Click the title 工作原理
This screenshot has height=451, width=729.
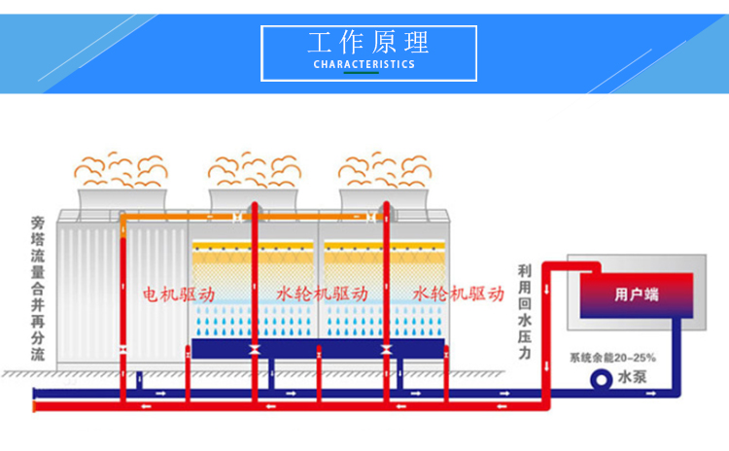[368, 44]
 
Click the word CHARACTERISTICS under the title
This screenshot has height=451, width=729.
[364, 64]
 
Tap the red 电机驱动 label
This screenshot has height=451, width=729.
[179, 293]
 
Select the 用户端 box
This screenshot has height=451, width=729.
[637, 294]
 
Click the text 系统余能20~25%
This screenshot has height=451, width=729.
[612, 356]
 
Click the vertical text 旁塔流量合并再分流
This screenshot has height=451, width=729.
[38, 288]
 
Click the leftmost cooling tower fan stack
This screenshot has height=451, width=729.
[121, 198]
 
